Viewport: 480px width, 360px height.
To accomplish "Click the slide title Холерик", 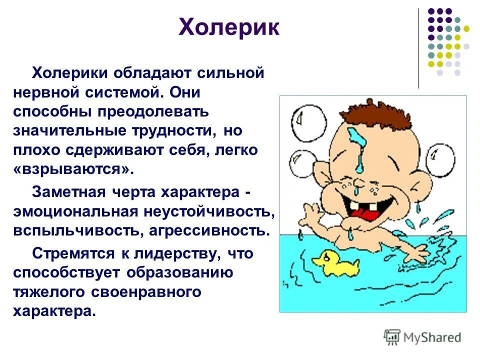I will [x=228, y=28].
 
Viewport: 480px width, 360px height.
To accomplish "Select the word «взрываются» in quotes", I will [x=74, y=168].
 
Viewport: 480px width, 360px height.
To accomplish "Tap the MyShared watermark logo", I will [x=422, y=337].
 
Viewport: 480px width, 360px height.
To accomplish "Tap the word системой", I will [x=119, y=92].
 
